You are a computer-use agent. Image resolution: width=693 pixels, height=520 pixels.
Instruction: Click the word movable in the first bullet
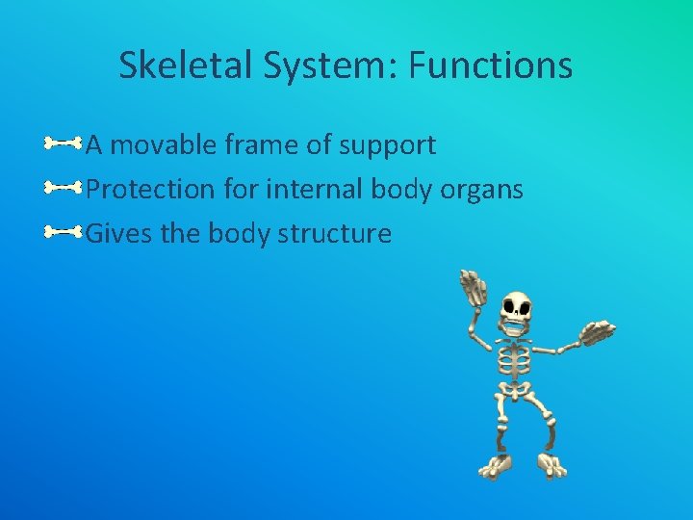coord(165,145)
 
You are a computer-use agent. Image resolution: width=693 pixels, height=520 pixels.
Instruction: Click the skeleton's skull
coord(517,312)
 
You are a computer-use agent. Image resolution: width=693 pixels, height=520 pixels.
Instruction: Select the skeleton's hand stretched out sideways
coord(598,334)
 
